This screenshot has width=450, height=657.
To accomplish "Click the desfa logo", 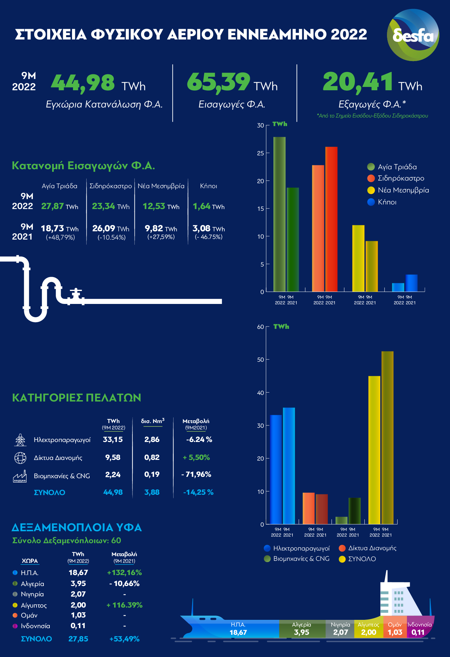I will pos(413,35).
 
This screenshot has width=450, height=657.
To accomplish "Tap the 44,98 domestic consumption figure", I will pos(83,83).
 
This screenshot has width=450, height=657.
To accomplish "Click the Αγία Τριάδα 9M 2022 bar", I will pos(279,214).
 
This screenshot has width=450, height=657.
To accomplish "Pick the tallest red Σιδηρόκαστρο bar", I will pos(331,219).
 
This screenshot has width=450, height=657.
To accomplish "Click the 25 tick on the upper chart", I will pos(261,153).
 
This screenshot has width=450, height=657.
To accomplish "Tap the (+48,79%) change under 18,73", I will pos(60,237).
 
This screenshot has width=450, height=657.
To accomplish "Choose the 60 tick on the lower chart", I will pos(261,327).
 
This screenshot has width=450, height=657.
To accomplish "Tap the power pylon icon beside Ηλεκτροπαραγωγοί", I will pos(20,440).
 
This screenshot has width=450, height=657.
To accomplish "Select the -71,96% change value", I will pos(196,475).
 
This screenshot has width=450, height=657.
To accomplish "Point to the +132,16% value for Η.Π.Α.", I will pos(124,573).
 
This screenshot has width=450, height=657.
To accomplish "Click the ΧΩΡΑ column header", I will pos(30,561).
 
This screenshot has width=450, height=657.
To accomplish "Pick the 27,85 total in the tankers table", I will pos(78,639).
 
